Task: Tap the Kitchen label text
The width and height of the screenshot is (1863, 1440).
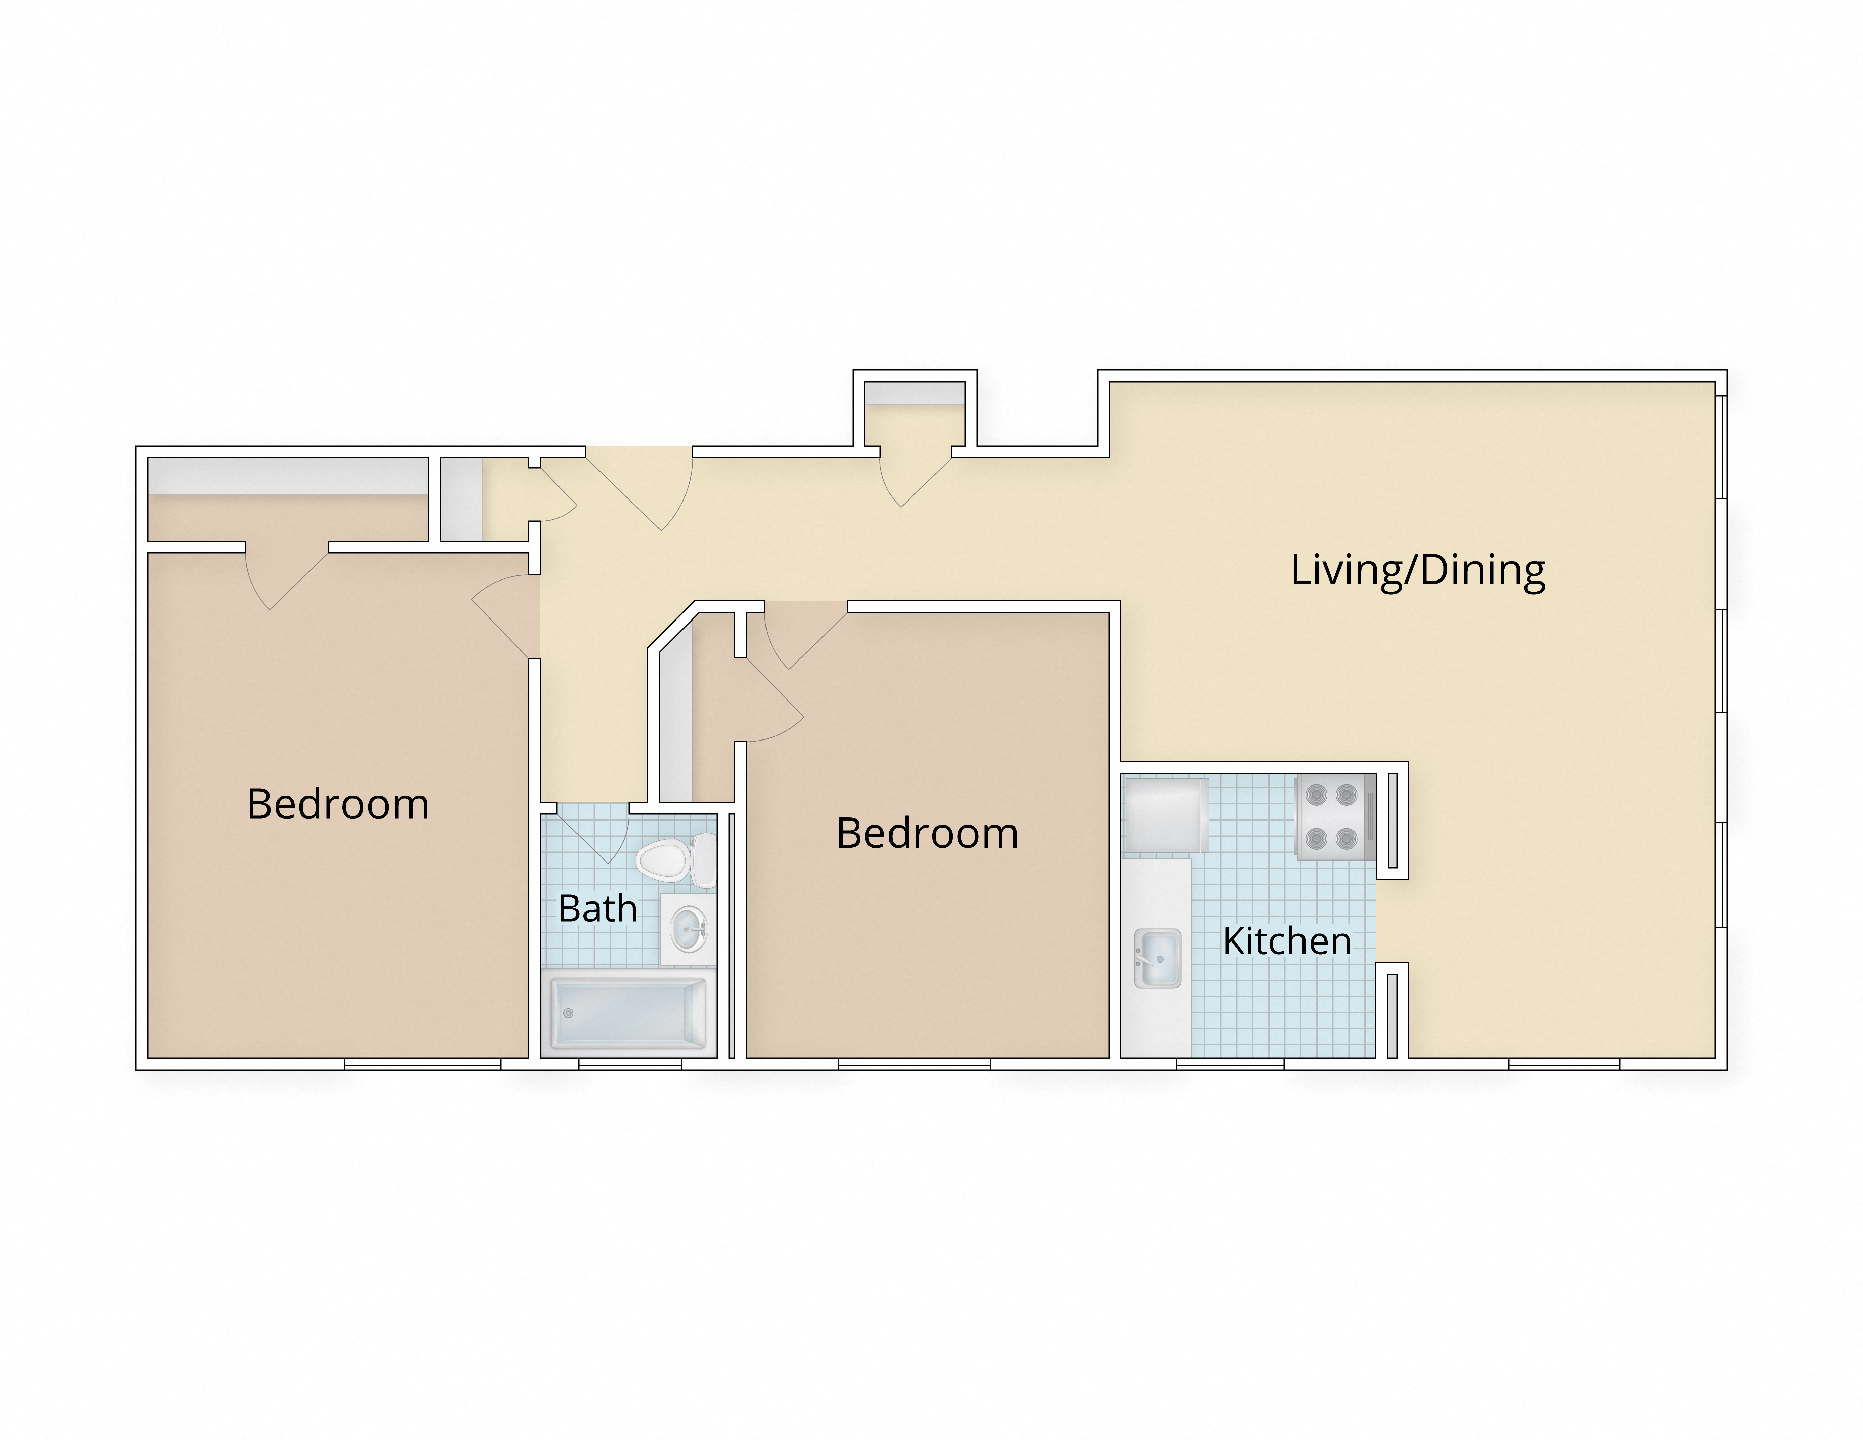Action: [x=1286, y=942]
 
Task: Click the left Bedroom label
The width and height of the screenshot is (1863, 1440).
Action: [x=338, y=804]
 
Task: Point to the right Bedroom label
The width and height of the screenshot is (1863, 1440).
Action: [x=927, y=834]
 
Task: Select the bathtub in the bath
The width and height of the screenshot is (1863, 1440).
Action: [x=629, y=1013]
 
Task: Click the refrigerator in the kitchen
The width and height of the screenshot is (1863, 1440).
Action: [x=1165, y=815]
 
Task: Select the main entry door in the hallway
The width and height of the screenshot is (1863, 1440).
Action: [x=648, y=490]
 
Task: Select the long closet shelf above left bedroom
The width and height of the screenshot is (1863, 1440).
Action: [x=287, y=476]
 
